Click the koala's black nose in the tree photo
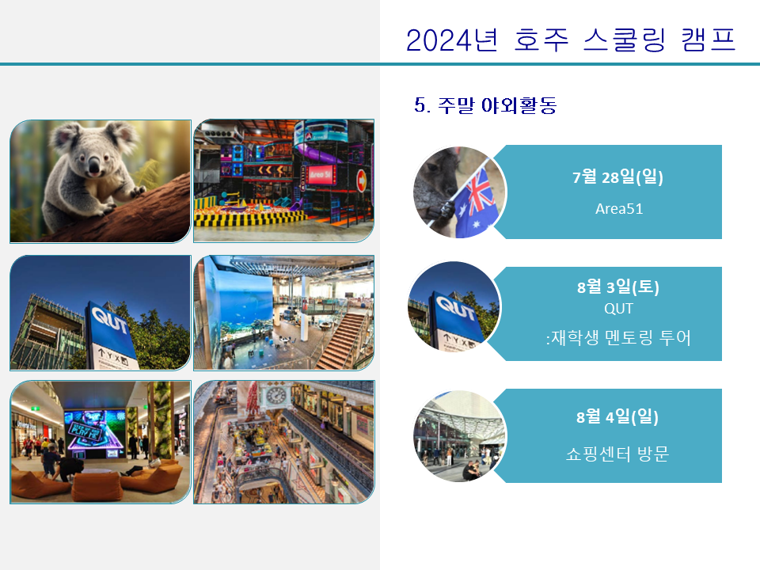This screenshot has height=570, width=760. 93,169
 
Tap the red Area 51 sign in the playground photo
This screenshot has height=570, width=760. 321,174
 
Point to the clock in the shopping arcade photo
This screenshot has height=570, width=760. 275,396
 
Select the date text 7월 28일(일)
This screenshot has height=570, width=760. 617,177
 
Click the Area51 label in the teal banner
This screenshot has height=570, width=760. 619,209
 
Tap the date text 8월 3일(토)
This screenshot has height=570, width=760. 618,287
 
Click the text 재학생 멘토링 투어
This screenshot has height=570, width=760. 621,337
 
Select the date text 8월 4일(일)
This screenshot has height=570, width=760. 617,416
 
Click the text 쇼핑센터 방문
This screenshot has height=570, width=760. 617,454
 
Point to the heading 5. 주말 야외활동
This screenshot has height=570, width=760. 485,105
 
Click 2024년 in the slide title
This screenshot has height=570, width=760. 452,40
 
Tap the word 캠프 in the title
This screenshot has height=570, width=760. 708,40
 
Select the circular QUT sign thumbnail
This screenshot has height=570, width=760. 454,307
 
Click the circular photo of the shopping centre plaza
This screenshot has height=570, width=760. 459,436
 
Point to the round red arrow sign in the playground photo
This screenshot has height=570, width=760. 362,180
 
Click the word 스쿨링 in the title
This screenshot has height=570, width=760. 625,40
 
